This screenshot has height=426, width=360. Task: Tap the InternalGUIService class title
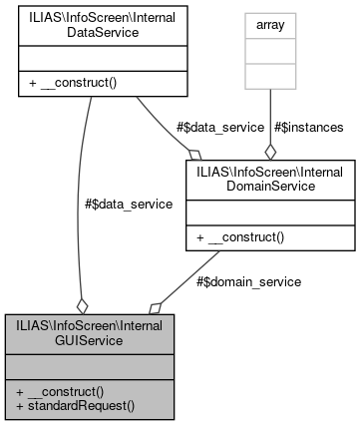tap(89, 332)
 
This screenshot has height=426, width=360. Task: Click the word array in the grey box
tap(269, 21)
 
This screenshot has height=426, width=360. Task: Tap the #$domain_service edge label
tap(247, 282)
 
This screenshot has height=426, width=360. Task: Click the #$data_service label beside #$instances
tap(220, 127)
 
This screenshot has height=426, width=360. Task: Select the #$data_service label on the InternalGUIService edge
tap(129, 204)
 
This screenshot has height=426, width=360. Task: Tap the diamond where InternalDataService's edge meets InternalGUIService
tap(82, 305)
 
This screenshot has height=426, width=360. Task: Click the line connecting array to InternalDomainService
tap(269, 110)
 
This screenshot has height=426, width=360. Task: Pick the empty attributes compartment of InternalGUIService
tap(89, 364)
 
